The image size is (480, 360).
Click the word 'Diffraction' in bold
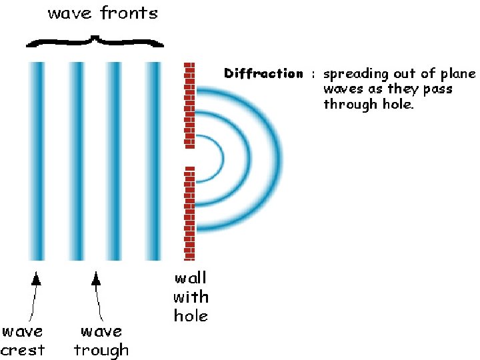[x=263, y=74]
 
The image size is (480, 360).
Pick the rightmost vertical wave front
[x=153, y=160]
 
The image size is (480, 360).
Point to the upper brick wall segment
[x=190, y=105]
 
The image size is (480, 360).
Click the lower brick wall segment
[x=190, y=213]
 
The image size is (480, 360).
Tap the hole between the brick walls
[x=190, y=157]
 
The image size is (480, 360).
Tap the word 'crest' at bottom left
[x=23, y=350]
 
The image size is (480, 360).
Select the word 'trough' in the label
[x=101, y=350]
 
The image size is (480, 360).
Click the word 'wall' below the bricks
[x=191, y=278]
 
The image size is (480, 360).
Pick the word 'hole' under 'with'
[x=191, y=315]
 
